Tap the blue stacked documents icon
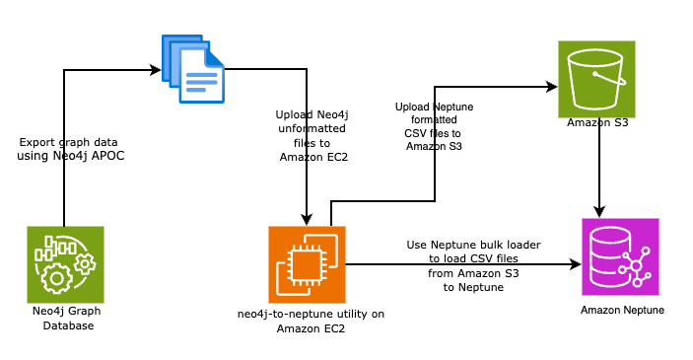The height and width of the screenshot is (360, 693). coord(195,67)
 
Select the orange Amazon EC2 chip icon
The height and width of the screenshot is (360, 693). coord(307,263)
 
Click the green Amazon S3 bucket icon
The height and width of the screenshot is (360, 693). coord(596,79)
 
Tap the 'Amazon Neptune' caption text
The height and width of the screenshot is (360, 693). coord(621,311)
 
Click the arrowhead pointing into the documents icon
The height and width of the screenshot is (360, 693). coord(157,70)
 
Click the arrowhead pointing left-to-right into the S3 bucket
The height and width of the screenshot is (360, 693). coord(551,87)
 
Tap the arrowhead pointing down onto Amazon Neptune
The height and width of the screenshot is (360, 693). coord(598,211)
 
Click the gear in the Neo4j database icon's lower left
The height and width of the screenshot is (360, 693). coord(53,279)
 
